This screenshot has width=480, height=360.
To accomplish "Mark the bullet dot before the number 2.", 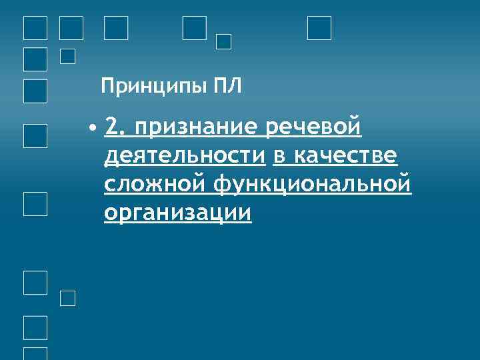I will (x=95, y=127).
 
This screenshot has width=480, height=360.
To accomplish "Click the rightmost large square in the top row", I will (x=319, y=28).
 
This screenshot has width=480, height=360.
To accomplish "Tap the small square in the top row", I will (x=224, y=41).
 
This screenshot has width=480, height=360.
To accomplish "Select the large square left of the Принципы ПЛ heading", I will (x=35, y=91).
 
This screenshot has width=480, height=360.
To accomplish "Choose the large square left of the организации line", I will (x=35, y=203).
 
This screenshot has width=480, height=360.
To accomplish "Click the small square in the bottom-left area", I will (x=68, y=299).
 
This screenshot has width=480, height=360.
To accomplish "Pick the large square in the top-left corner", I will (x=35, y=28).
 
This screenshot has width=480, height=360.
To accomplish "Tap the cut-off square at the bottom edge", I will (x=35, y=354).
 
